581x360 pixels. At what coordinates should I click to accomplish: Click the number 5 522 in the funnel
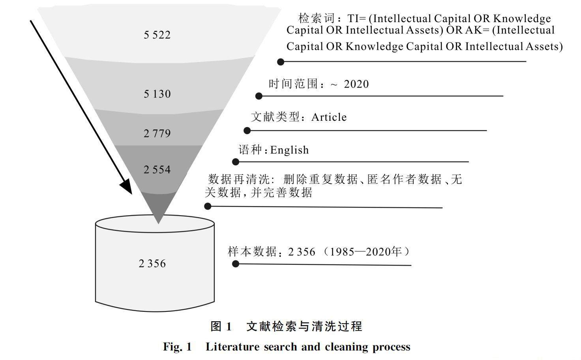click(157, 35)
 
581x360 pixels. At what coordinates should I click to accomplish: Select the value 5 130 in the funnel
click(157, 94)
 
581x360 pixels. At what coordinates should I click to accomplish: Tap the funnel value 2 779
click(157, 133)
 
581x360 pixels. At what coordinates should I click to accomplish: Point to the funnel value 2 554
click(157, 170)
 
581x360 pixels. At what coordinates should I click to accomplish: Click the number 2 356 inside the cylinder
click(152, 264)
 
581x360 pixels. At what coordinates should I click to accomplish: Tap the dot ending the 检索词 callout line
click(281, 62)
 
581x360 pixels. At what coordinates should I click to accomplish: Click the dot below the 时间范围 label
click(259, 96)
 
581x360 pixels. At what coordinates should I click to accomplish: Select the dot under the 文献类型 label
click(247, 130)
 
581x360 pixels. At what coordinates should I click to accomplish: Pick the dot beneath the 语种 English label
click(236, 161)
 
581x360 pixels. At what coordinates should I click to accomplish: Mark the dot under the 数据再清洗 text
click(208, 206)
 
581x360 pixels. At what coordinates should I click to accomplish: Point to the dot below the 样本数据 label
click(236, 264)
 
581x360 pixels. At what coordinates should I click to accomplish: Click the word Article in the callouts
click(329, 117)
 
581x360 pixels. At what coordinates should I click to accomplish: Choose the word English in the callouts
click(289, 150)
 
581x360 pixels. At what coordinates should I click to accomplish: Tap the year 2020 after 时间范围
click(356, 84)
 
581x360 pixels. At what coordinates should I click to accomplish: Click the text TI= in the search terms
click(356, 19)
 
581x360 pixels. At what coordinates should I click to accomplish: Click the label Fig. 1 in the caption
click(177, 347)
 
